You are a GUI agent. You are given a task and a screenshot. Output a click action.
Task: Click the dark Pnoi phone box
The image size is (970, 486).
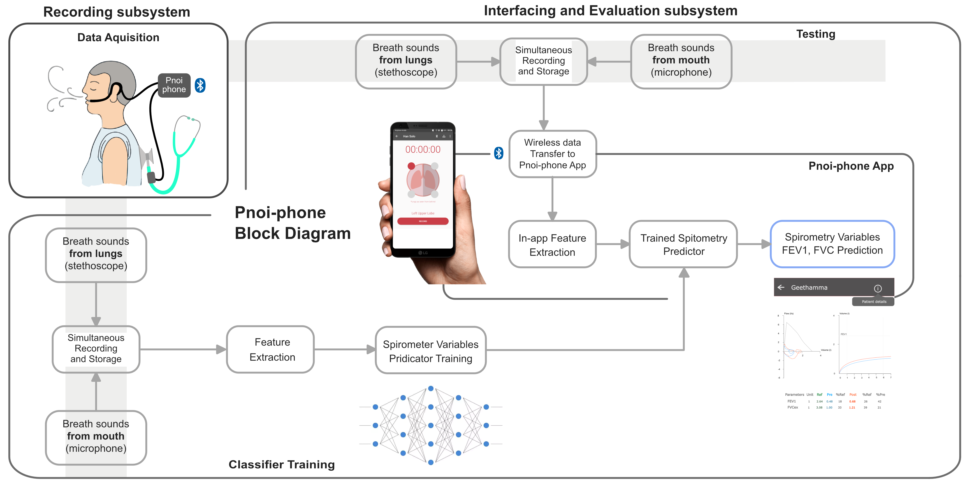coord(174,85)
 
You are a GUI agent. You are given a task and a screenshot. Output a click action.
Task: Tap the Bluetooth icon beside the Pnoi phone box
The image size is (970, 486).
coord(200,85)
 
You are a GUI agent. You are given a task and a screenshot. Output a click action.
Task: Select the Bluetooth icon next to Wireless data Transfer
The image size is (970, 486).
coord(499,153)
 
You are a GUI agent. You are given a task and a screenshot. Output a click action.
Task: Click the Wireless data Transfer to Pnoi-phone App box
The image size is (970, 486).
coord(552,154)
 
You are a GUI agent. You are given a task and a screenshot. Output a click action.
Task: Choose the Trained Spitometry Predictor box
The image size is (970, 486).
coord(683,244)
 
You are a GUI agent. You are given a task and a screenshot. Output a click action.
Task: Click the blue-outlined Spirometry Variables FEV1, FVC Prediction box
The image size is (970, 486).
coord(832,244)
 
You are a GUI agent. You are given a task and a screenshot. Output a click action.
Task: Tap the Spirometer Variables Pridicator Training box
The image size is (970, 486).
coord(430,351)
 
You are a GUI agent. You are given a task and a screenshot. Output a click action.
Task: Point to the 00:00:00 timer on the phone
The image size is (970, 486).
coord(423,150)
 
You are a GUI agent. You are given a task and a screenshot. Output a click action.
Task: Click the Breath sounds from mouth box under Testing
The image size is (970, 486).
coord(681,60)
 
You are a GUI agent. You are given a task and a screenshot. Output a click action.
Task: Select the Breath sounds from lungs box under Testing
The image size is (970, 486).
coord(406,60)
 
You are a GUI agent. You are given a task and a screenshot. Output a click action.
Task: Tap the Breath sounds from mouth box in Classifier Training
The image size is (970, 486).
coord(96,436)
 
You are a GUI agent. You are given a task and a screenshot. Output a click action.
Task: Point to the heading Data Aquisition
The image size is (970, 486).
coord(118,37)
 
